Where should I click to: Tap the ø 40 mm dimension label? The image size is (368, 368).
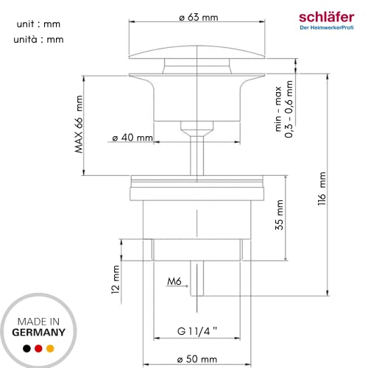click(x=132, y=137)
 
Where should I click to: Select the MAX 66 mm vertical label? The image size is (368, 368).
click(x=78, y=126)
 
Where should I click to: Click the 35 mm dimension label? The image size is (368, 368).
click(x=278, y=215)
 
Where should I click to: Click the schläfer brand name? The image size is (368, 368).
click(x=328, y=16)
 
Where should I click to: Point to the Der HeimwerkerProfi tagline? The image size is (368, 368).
click(x=328, y=29)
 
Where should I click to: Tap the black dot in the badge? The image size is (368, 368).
click(x=26, y=348)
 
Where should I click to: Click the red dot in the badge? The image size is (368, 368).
click(x=38, y=348)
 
